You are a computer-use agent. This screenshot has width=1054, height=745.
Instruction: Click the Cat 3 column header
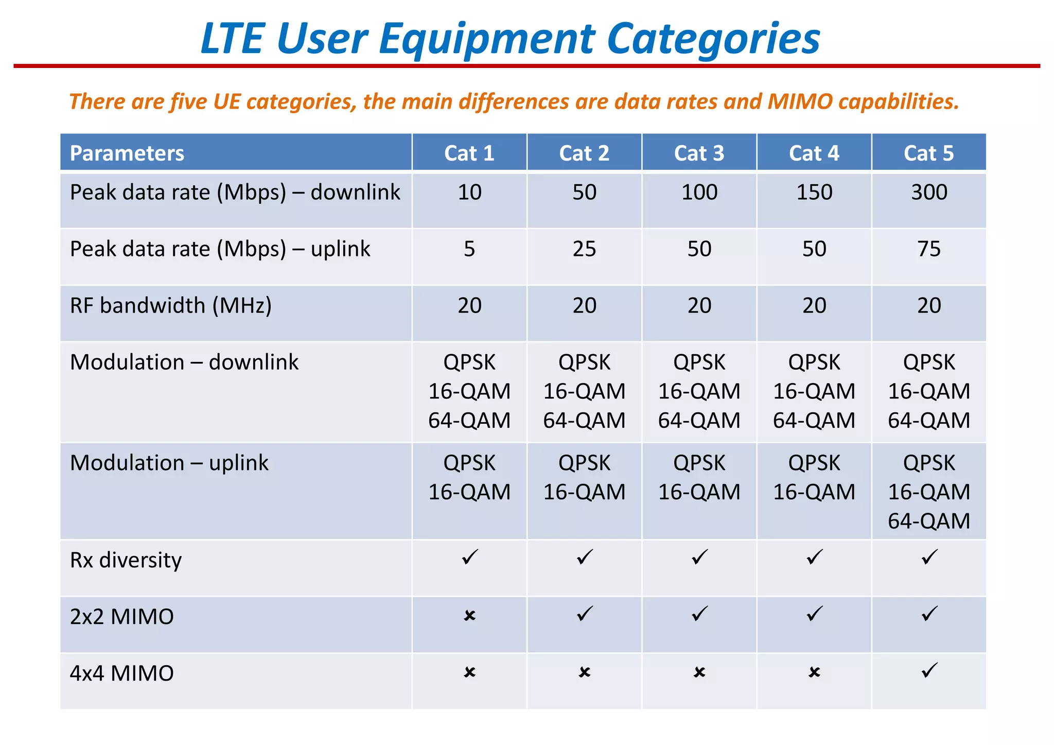pos(699,153)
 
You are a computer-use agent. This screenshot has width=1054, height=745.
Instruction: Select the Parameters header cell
pos(127,153)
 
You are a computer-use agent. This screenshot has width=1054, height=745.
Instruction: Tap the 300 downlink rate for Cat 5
pos(928,193)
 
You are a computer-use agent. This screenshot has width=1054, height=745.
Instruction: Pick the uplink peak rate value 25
pos(584,249)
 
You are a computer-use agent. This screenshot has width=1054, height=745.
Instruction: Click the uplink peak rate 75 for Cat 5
pos(928,249)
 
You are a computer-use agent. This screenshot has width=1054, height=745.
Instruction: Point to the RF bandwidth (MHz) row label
pos(170,306)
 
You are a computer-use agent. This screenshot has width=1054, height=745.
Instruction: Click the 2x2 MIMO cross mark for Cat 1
pos(469,615)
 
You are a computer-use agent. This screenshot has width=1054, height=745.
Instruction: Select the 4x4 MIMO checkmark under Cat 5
pos(929,670)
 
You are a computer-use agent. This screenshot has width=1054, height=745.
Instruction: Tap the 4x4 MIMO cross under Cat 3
pos(699,672)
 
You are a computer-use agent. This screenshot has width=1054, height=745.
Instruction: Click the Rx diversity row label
pos(126,560)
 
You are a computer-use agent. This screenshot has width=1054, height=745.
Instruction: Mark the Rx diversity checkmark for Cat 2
pos(585,557)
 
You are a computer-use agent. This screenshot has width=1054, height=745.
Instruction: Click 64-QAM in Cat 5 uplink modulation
pos(928,521)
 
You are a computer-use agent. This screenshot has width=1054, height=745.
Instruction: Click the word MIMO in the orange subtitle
pos(800,101)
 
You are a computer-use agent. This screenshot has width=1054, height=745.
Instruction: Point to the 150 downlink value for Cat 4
pos(814,193)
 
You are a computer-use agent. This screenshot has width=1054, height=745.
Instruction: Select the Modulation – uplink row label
pos(169,463)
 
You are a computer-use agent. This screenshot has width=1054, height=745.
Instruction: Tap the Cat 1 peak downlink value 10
pos(469,193)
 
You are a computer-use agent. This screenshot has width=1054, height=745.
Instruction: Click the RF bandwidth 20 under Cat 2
pos(584,306)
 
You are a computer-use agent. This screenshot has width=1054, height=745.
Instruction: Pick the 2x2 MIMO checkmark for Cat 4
pos(815,614)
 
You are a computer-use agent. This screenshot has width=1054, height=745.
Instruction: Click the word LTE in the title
pos(232,39)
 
